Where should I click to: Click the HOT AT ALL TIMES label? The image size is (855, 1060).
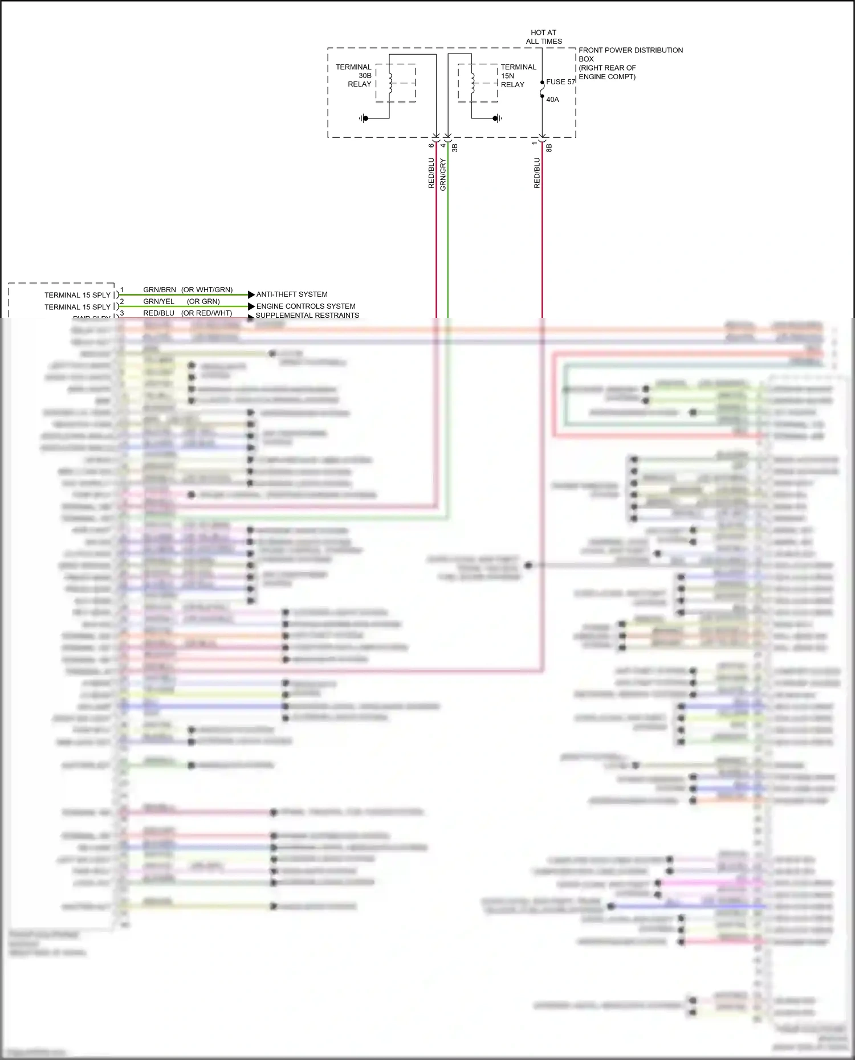543,37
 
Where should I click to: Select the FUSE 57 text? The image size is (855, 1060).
560,82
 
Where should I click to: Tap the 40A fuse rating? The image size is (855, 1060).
552,100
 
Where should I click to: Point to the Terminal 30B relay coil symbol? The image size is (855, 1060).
390,83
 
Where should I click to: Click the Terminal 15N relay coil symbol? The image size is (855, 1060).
473,83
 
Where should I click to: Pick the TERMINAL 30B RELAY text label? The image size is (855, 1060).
354,76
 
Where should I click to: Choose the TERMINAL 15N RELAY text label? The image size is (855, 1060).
518,76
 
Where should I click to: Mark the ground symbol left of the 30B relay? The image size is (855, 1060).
363,118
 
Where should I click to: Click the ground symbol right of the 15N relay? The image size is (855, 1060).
498,118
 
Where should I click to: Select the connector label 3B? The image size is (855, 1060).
455,148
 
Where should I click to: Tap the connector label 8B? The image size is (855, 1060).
549,148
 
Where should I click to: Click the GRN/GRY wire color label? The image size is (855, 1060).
443,174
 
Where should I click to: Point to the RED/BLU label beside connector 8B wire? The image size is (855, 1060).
537,173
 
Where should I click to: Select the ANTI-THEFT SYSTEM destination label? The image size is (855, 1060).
292,294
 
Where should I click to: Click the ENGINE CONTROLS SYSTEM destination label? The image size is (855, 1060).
306,306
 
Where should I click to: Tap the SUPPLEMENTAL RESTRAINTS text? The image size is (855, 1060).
307,315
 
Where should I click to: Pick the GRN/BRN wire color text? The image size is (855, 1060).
160,290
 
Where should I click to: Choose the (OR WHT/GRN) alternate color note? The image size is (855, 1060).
207,290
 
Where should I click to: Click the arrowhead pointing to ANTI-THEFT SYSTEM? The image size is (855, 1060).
251,294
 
